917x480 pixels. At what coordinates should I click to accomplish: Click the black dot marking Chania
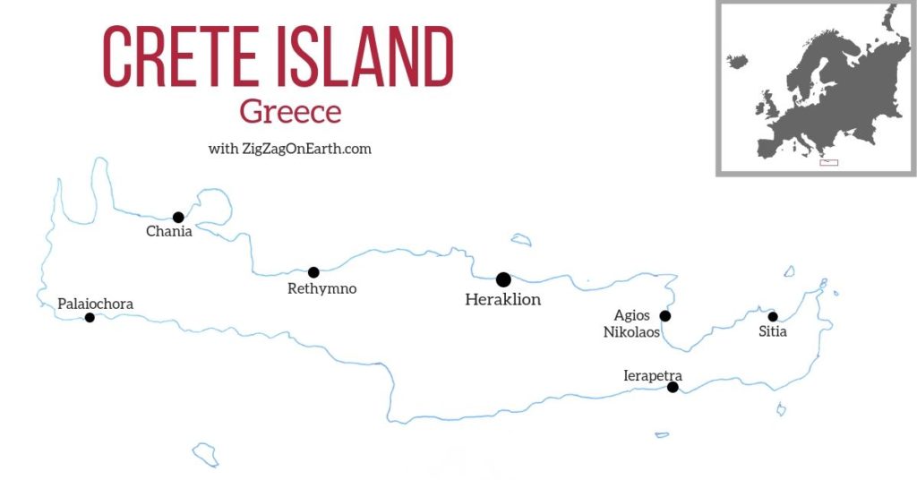[x=178, y=217]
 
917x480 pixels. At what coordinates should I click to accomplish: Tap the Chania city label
[x=169, y=233]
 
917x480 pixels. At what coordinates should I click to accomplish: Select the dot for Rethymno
[x=313, y=272]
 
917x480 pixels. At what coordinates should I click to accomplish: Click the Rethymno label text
[x=322, y=288]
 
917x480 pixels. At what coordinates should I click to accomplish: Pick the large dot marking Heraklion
[x=503, y=279]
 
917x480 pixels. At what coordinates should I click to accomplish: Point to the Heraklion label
[x=503, y=300]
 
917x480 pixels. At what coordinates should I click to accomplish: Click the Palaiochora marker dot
[x=90, y=317]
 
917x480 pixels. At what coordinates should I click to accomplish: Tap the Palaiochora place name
[x=95, y=304]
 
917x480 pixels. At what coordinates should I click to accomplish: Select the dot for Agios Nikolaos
[x=664, y=315]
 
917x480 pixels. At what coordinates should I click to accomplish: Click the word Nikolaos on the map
[x=631, y=332]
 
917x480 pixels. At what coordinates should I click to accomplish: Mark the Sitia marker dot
[x=773, y=316]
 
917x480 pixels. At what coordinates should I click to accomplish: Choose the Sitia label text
[x=773, y=332]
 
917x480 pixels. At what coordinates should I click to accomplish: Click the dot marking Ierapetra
[x=673, y=387]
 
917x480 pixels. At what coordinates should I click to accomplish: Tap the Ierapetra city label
[x=653, y=376]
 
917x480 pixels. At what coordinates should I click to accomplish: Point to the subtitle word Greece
[x=290, y=113]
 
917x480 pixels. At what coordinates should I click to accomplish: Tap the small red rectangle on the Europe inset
[x=828, y=162]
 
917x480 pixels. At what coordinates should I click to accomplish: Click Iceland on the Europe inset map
[x=738, y=62]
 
